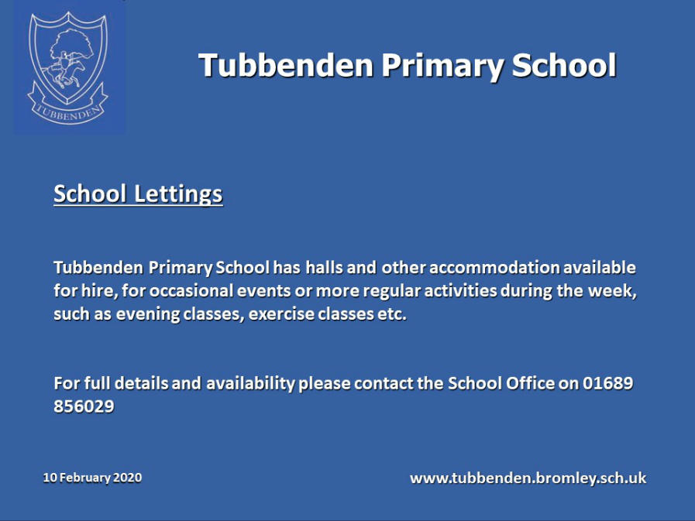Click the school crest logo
pyautogui.click(x=68, y=68)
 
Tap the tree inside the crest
pyautogui.click(x=71, y=44)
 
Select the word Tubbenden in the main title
pyautogui.click(x=287, y=65)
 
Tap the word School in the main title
pyautogui.click(x=564, y=65)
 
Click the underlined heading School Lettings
pyautogui.click(x=138, y=194)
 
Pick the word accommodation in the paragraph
pyautogui.click(x=494, y=268)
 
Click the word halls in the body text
pyautogui.click(x=324, y=268)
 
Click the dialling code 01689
pyautogui.click(x=607, y=383)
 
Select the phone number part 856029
pyautogui.click(x=84, y=406)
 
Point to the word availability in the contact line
pyautogui.click(x=250, y=384)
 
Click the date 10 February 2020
pyautogui.click(x=92, y=478)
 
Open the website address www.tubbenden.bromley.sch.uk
pyautogui.click(x=528, y=478)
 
